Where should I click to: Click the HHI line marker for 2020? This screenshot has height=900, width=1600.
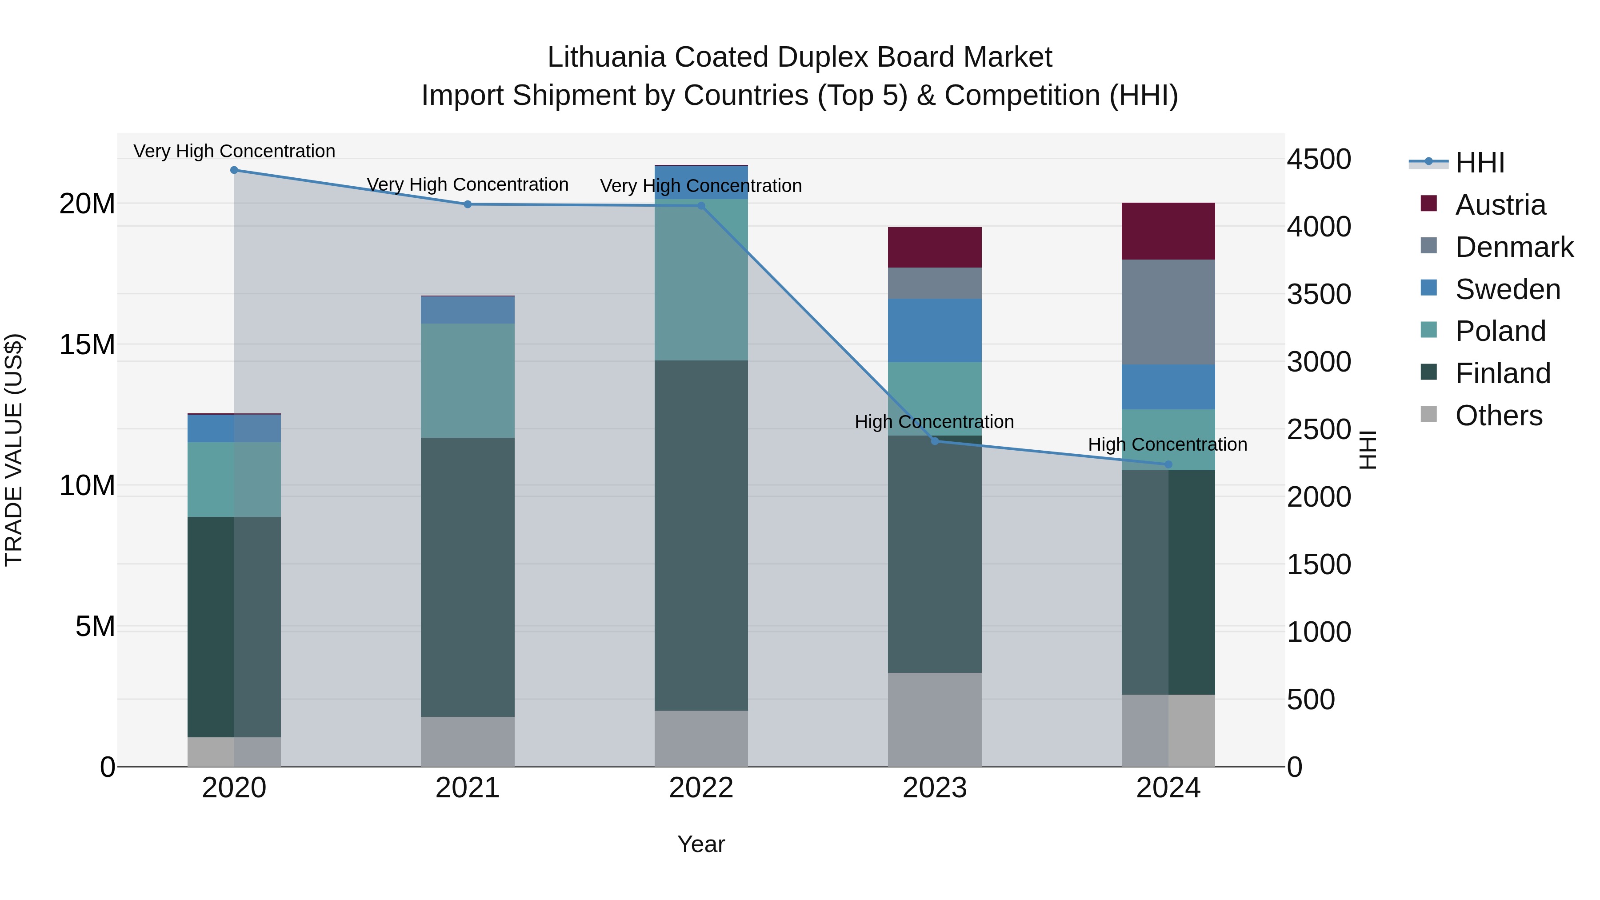pyautogui.click(x=234, y=170)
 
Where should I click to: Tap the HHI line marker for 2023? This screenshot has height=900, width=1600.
pyautogui.click(x=935, y=441)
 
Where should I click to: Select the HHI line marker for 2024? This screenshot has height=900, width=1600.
pyautogui.click(x=1168, y=464)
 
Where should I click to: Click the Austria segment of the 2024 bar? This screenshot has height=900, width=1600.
pyautogui.click(x=1168, y=231)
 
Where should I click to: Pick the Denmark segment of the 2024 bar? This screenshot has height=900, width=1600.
pyautogui.click(x=1168, y=312)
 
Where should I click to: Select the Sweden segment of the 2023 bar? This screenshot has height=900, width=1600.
pyautogui.click(x=935, y=330)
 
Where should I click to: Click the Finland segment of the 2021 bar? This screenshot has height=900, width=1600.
pyautogui.click(x=468, y=578)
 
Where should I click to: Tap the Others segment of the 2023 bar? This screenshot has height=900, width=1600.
pyautogui.click(x=935, y=719)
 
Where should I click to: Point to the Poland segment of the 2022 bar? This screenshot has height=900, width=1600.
pyautogui.click(x=701, y=280)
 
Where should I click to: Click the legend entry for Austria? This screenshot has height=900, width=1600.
pyautogui.click(x=1500, y=205)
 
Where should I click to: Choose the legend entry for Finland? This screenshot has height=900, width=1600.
pyautogui.click(x=1503, y=373)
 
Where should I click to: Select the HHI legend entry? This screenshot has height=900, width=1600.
pyautogui.click(x=1480, y=163)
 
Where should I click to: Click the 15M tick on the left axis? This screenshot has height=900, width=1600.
pyautogui.click(x=87, y=345)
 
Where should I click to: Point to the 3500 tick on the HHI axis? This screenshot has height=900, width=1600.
pyautogui.click(x=1319, y=294)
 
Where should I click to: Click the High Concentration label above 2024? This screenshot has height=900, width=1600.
pyautogui.click(x=1167, y=445)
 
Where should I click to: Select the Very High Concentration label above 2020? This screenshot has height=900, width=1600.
pyautogui.click(x=234, y=151)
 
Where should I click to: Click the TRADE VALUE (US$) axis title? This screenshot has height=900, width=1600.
pyautogui.click(x=14, y=450)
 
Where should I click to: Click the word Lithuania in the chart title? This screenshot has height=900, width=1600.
pyautogui.click(x=606, y=57)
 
